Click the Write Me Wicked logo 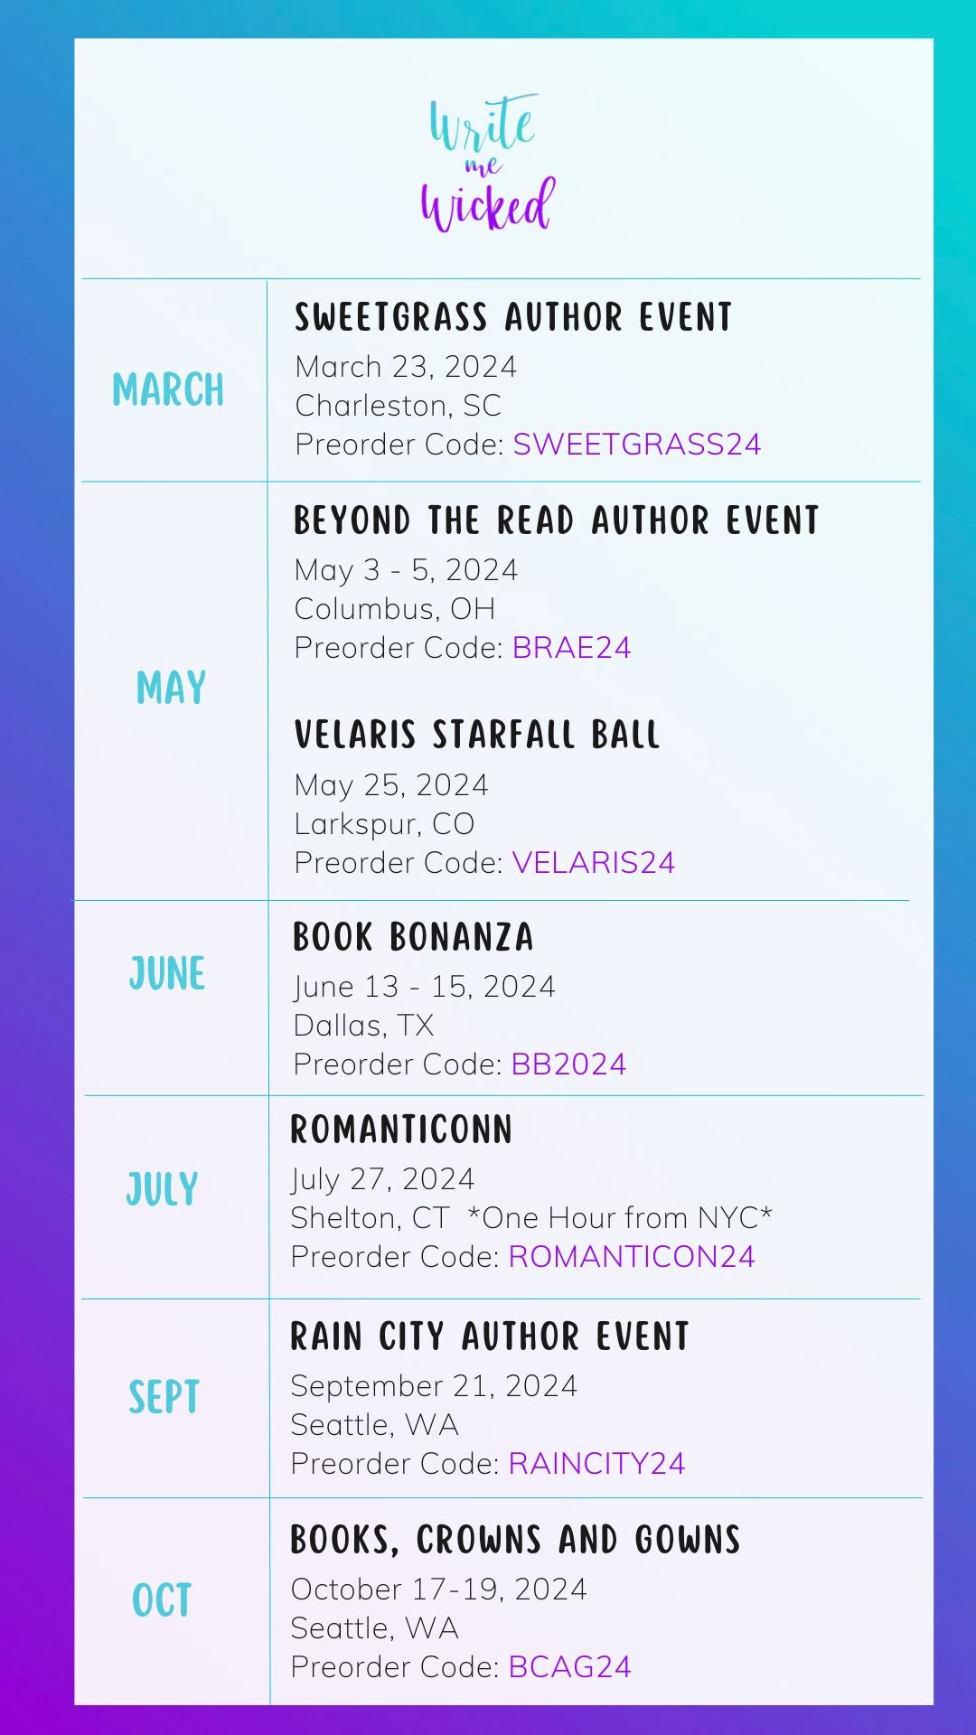point(488,163)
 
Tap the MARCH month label point(168,390)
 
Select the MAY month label point(171,688)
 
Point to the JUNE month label point(167,974)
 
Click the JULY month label point(162,1189)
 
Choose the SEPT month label point(164,1397)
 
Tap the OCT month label point(162,1600)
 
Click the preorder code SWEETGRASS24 point(637,445)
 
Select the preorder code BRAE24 point(571,648)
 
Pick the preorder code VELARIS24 point(593,863)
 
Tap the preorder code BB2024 point(568,1064)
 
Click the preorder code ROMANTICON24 point(632,1257)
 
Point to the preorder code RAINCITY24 point(596,1464)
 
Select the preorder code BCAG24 point(569,1667)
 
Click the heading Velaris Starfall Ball point(477,735)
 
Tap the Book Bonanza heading point(413,937)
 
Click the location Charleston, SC point(399,406)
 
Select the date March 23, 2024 point(406,367)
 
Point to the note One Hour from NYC point(620,1218)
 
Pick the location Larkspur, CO point(384,824)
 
